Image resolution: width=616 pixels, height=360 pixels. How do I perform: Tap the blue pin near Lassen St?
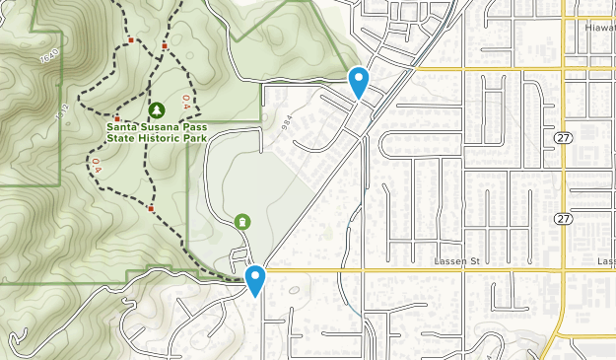(x=256, y=280)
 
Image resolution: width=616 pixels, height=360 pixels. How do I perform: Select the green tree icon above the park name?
(x=157, y=108)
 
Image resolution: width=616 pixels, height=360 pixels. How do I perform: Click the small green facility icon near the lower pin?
(x=242, y=223)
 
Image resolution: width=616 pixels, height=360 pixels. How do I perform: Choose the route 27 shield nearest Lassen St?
(x=562, y=218)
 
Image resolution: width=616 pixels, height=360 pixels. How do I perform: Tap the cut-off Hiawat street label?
(x=598, y=29)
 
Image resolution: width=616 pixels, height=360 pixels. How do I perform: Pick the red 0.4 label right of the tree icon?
(x=185, y=102)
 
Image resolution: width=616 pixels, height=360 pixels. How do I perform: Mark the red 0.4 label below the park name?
(x=97, y=164)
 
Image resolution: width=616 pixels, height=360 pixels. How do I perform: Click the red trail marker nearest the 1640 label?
(x=130, y=40)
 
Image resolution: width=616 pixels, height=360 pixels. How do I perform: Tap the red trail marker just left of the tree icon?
(x=116, y=118)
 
